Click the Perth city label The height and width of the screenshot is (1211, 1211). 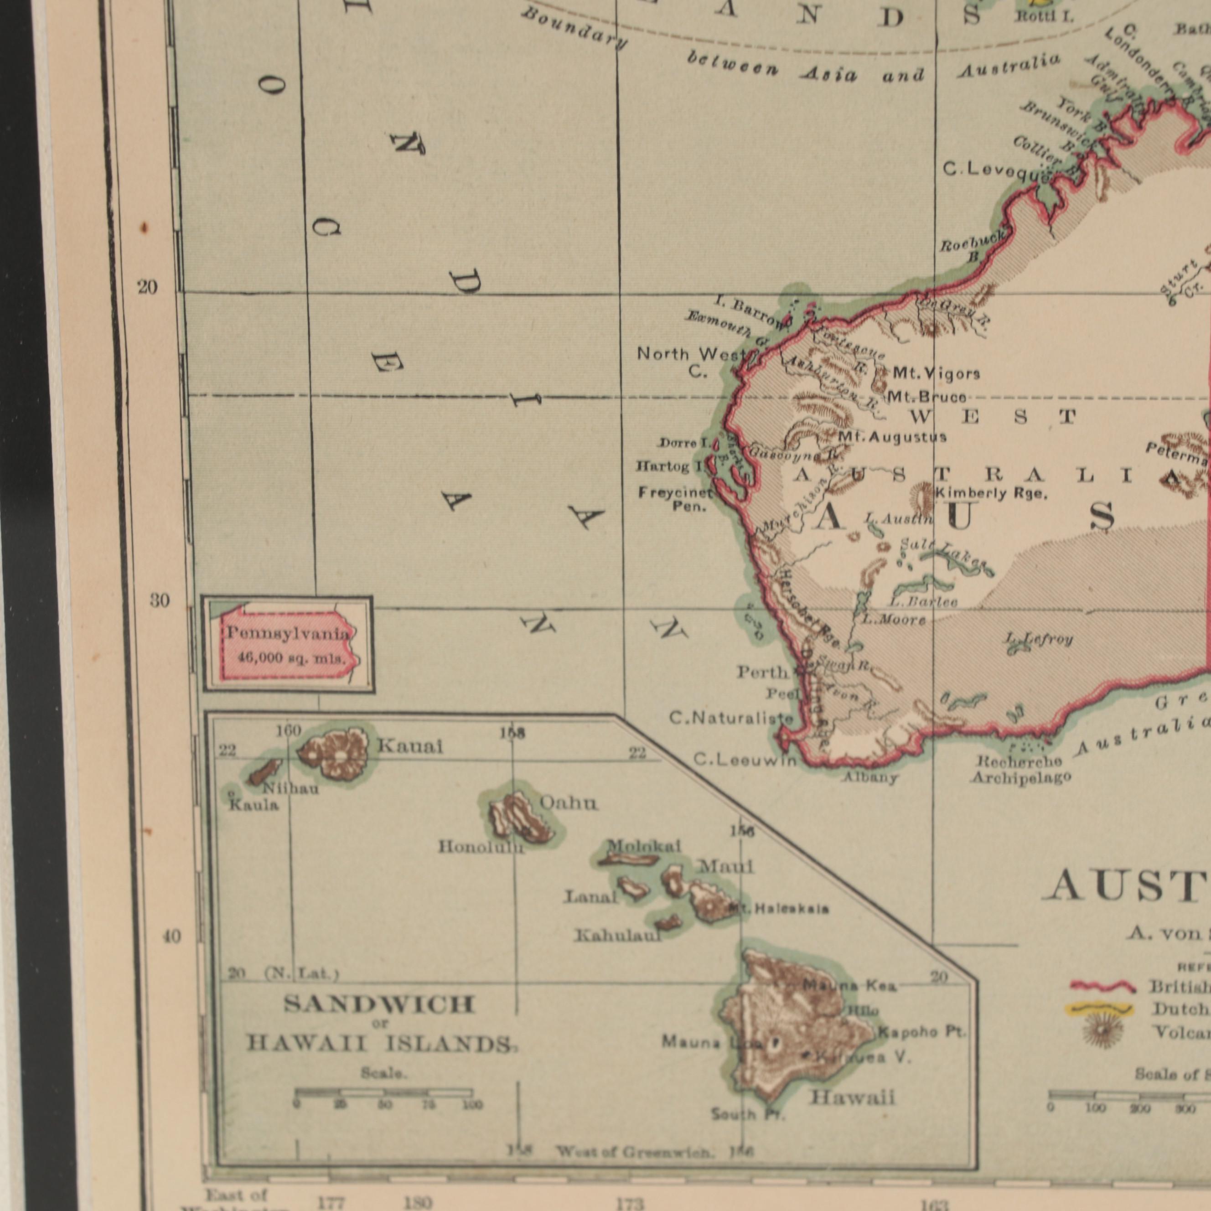click(x=761, y=673)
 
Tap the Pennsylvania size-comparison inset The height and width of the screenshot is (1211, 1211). click(x=288, y=644)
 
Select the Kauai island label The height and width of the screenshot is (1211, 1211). click(x=409, y=746)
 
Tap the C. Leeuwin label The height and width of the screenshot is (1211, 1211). click(x=745, y=761)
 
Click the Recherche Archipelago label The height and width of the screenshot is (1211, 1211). click(x=1020, y=770)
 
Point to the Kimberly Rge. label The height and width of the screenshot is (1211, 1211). click(x=990, y=494)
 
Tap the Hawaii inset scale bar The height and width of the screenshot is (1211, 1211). click(x=383, y=1092)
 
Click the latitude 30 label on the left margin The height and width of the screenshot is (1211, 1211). click(x=160, y=600)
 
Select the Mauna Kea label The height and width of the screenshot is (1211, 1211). click(x=850, y=986)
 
